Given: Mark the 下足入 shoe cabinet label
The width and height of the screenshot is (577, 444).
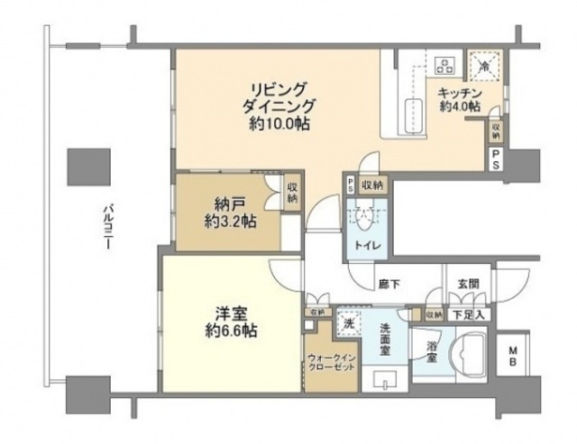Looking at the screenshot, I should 469,314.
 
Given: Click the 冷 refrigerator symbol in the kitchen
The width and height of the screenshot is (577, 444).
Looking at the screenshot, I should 483,65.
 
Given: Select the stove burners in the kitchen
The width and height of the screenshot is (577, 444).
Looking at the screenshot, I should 444,64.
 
